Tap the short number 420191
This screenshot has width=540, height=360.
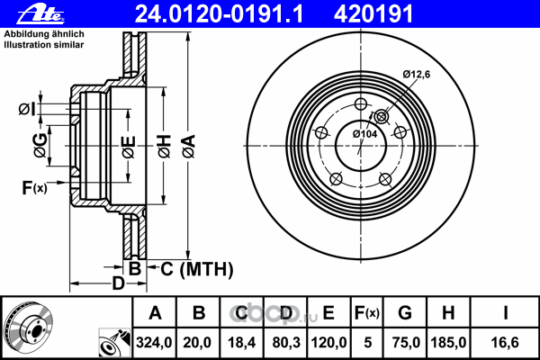tap(386, 13)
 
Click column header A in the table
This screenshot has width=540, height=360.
tap(155, 313)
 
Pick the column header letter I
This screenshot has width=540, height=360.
tap(506, 313)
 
